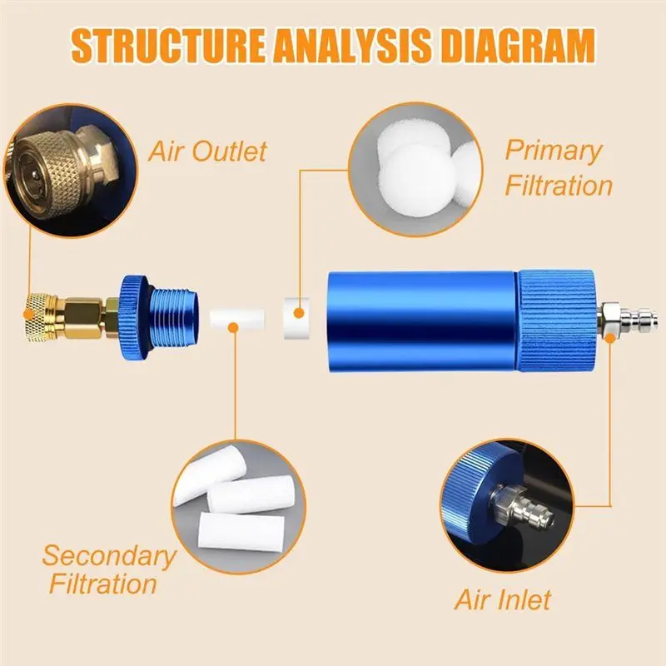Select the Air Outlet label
(x=207, y=152)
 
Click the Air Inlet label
(x=502, y=599)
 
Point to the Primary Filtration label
(x=558, y=167)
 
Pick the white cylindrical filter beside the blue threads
(x=238, y=318)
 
